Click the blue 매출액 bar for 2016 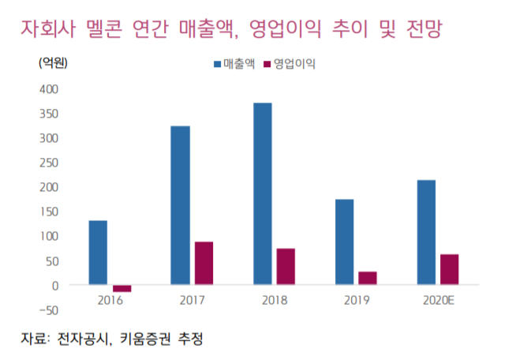(x=98, y=253)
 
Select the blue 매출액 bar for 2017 (x=180, y=205)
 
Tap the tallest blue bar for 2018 (x=263, y=193)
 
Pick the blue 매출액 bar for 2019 (x=344, y=242)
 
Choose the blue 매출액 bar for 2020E (x=426, y=232)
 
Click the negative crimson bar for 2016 (x=121, y=288)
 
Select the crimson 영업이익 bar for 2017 (x=204, y=263)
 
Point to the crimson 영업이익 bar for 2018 (x=286, y=266)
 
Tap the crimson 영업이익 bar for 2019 (x=368, y=278)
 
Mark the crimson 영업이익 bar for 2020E (x=450, y=269)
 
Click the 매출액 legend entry (x=234, y=63)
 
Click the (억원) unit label (x=53, y=62)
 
